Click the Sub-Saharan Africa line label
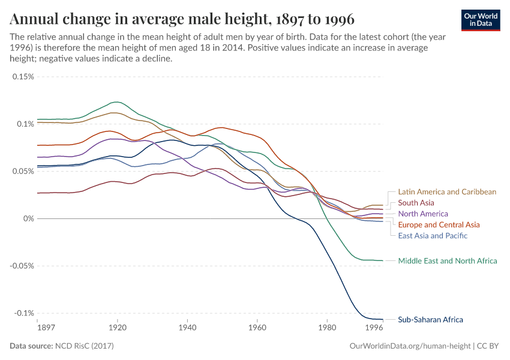(x=430, y=320)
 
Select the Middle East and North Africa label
(x=448, y=261)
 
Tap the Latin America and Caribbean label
(x=447, y=192)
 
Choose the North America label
(x=423, y=214)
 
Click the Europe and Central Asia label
(x=439, y=224)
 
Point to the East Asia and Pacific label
(x=433, y=235)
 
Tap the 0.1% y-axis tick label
(x=25, y=124)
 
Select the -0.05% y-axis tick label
(x=20, y=266)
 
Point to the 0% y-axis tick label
(x=28, y=218)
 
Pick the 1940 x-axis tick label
(x=187, y=328)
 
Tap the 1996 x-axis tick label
(x=374, y=328)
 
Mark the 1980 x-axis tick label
(x=327, y=328)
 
